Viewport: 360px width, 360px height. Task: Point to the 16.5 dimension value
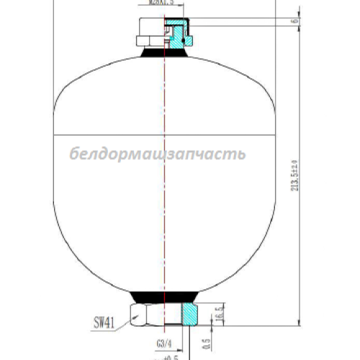click(218, 315)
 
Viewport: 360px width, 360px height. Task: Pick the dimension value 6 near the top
click(296, 21)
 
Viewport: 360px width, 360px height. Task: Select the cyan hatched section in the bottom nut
click(189, 313)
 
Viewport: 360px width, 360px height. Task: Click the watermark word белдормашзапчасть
click(158, 154)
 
